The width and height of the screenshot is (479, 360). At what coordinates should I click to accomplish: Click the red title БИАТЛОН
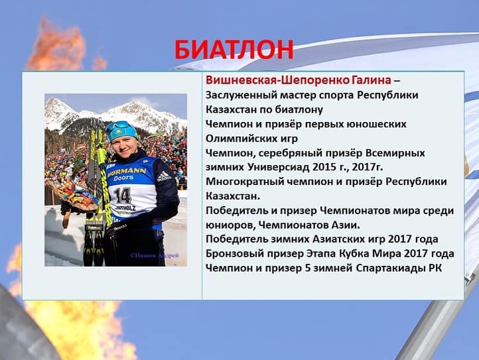pos(234,50)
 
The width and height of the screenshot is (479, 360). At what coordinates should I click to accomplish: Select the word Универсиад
pos(279,167)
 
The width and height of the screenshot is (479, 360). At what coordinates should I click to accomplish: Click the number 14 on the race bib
pos(123,196)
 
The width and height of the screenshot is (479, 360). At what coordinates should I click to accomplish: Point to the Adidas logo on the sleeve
pos(164,176)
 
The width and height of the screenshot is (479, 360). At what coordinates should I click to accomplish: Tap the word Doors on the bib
pos(123,178)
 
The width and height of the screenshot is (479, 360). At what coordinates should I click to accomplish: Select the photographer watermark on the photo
pos(155,255)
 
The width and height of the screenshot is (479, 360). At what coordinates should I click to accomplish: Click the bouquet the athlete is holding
pos(74,196)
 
